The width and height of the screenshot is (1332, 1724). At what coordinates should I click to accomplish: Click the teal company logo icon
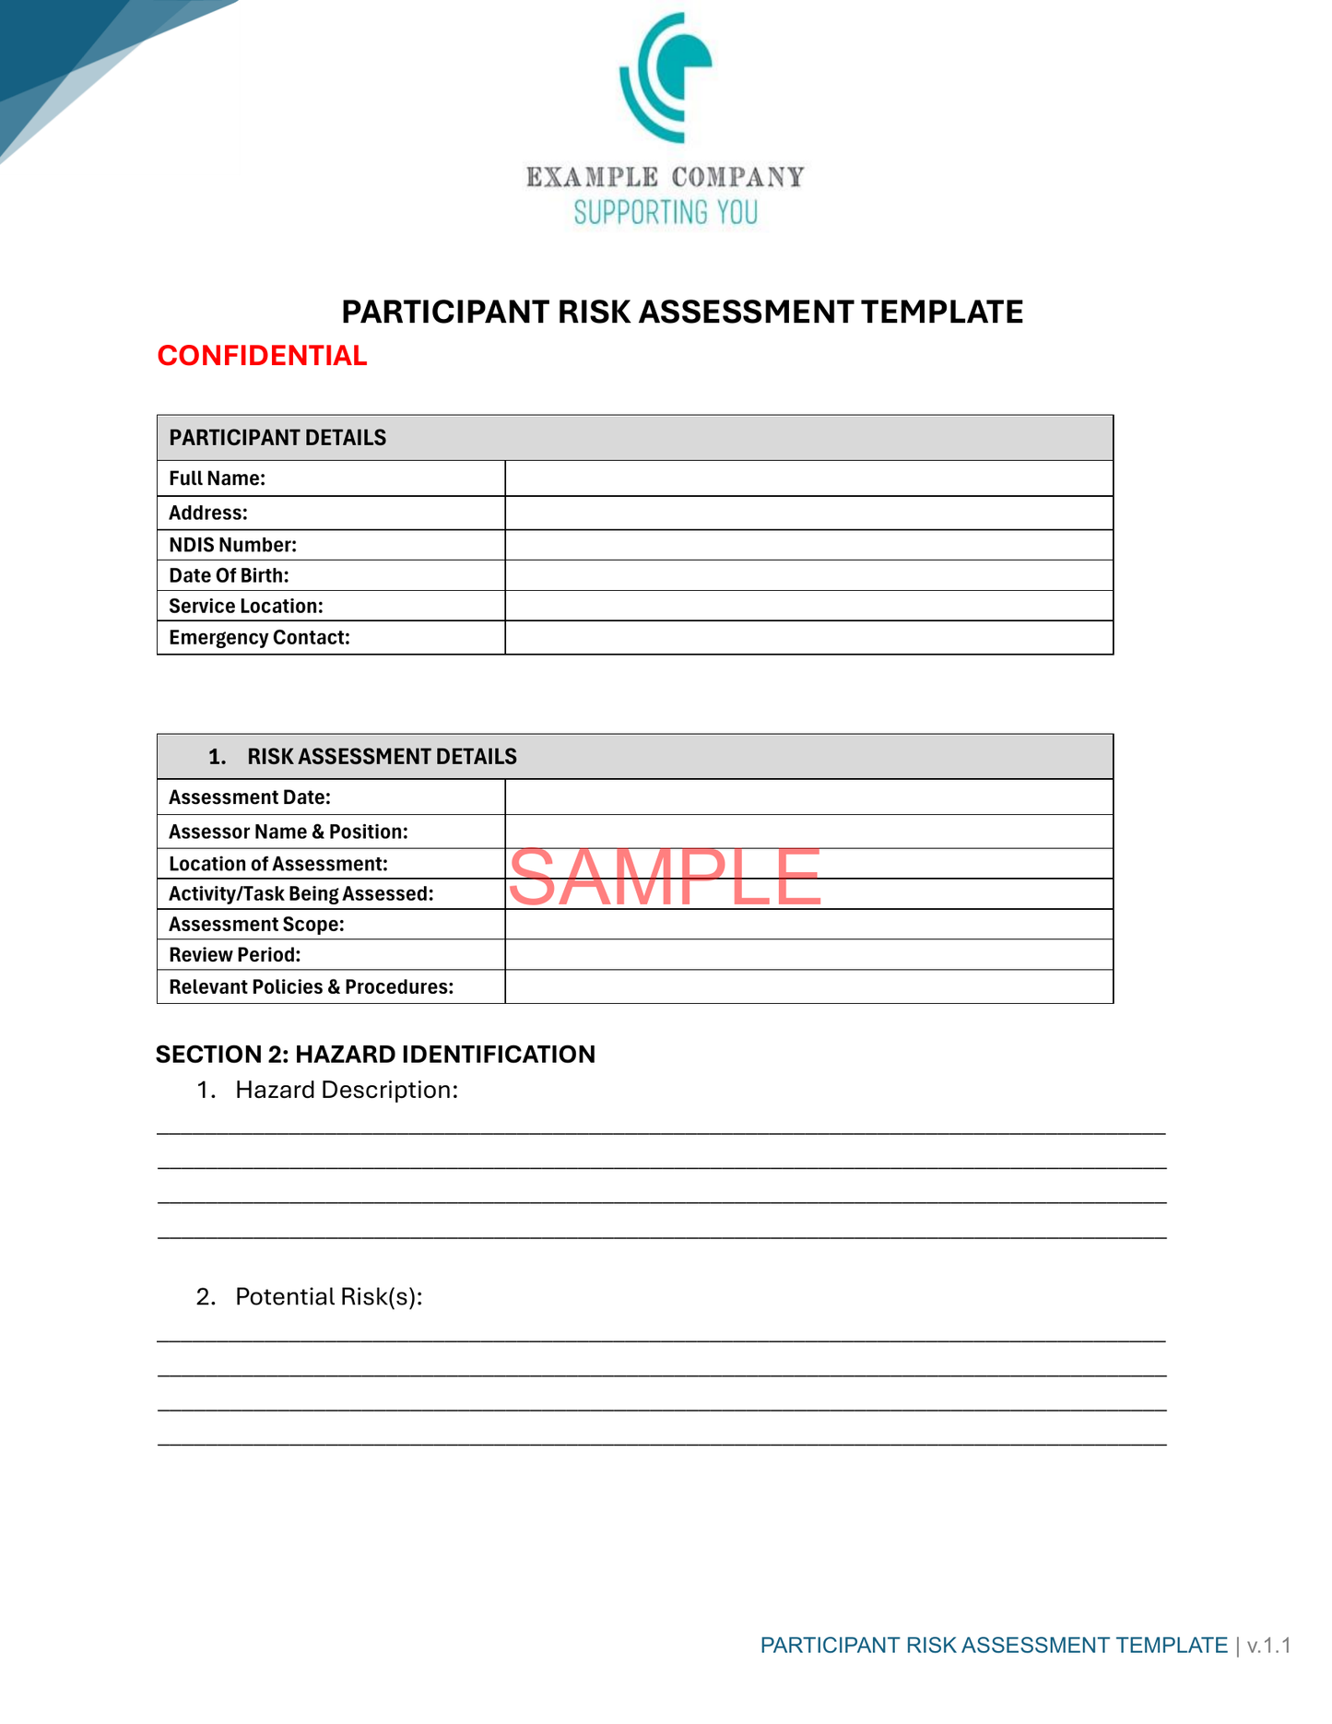[x=666, y=77]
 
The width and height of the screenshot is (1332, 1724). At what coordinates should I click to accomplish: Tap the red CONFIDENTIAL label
[x=262, y=356]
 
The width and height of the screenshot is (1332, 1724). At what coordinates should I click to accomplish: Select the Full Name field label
[x=218, y=478]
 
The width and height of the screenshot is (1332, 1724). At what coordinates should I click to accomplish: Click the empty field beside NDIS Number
[x=808, y=545]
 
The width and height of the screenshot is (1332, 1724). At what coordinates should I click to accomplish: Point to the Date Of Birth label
[x=229, y=576]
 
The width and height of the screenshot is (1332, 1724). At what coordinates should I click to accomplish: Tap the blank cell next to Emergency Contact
[x=808, y=638]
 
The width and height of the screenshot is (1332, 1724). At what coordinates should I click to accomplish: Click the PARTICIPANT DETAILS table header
[x=277, y=438]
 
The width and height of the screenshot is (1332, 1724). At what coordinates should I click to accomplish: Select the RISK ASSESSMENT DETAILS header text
[x=382, y=757]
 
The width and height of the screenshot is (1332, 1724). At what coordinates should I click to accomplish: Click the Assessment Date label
[x=250, y=797]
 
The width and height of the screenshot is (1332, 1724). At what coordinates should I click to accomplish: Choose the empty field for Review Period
[x=808, y=955]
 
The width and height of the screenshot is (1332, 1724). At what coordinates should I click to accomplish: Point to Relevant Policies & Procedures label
[x=312, y=987]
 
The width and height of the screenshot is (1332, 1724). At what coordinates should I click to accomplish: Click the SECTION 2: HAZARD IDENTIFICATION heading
[x=375, y=1055]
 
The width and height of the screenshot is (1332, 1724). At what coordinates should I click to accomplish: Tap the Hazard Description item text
[x=347, y=1091]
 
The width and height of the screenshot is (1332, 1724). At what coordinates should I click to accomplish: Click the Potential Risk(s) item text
[x=329, y=1297]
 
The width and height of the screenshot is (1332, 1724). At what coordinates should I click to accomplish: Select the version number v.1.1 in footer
[x=1269, y=1646]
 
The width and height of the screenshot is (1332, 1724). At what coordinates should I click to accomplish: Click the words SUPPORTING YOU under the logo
[x=666, y=213]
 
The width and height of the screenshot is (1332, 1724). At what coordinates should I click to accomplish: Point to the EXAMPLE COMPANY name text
[x=666, y=177]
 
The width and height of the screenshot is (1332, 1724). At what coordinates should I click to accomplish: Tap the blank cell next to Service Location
[x=808, y=607]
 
